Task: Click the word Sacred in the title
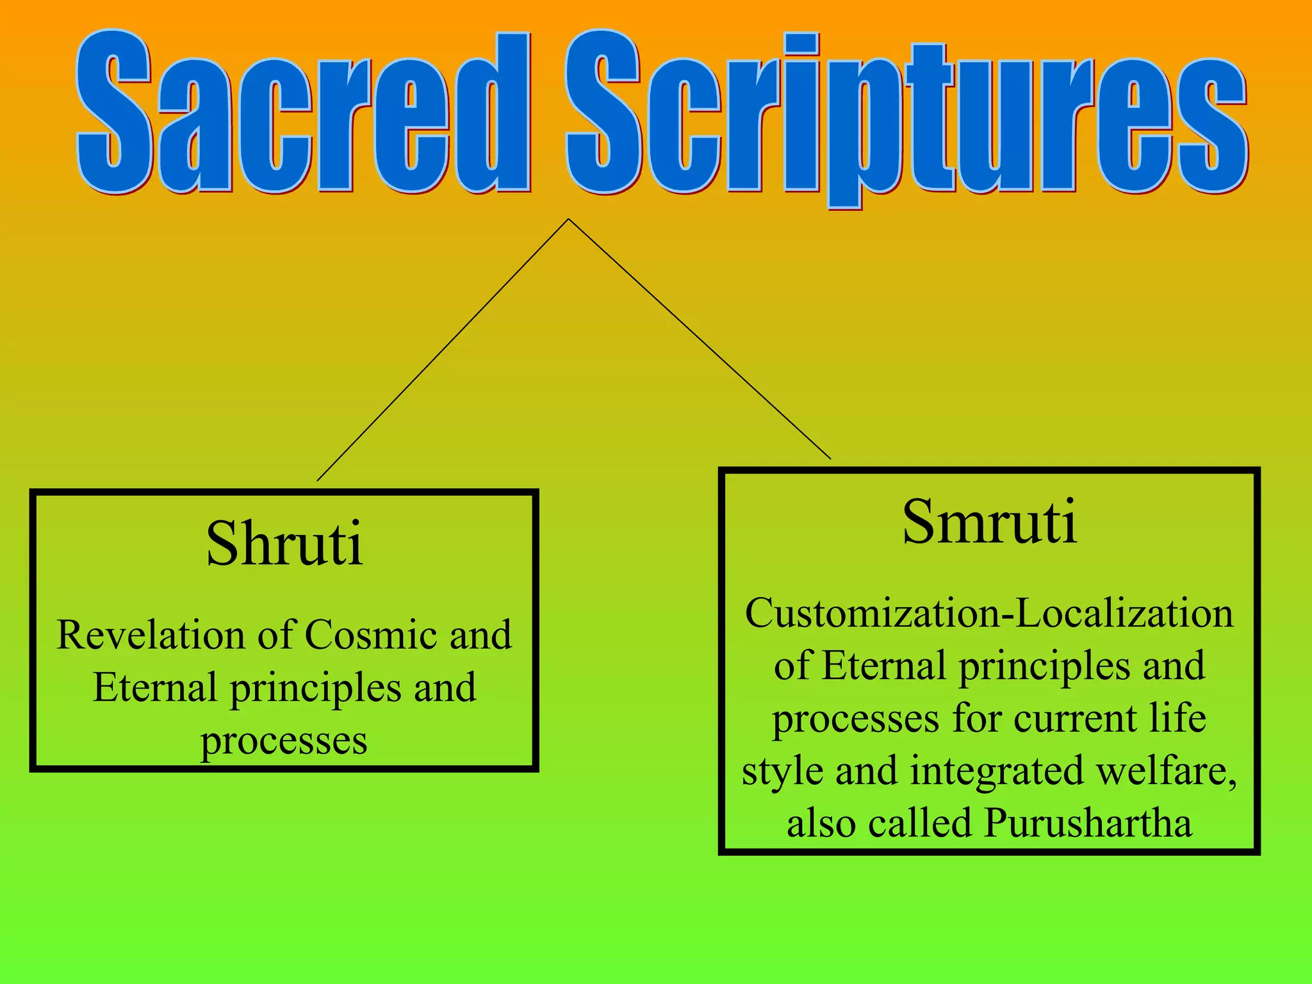pos(301,112)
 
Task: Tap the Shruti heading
pos(284,545)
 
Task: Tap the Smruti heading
pos(989,523)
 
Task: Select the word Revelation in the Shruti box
pos(151,635)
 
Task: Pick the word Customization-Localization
pos(989,614)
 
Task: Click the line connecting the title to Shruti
pos(442,350)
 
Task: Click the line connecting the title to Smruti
pos(700,339)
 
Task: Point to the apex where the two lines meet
pos(568,220)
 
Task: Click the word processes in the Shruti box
pos(284,742)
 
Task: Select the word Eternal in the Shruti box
pos(154,688)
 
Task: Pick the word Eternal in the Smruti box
pos(883,666)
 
